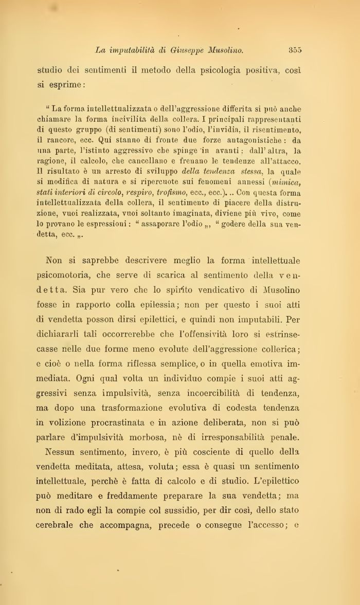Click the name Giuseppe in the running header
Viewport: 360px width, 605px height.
[x=188, y=50]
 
